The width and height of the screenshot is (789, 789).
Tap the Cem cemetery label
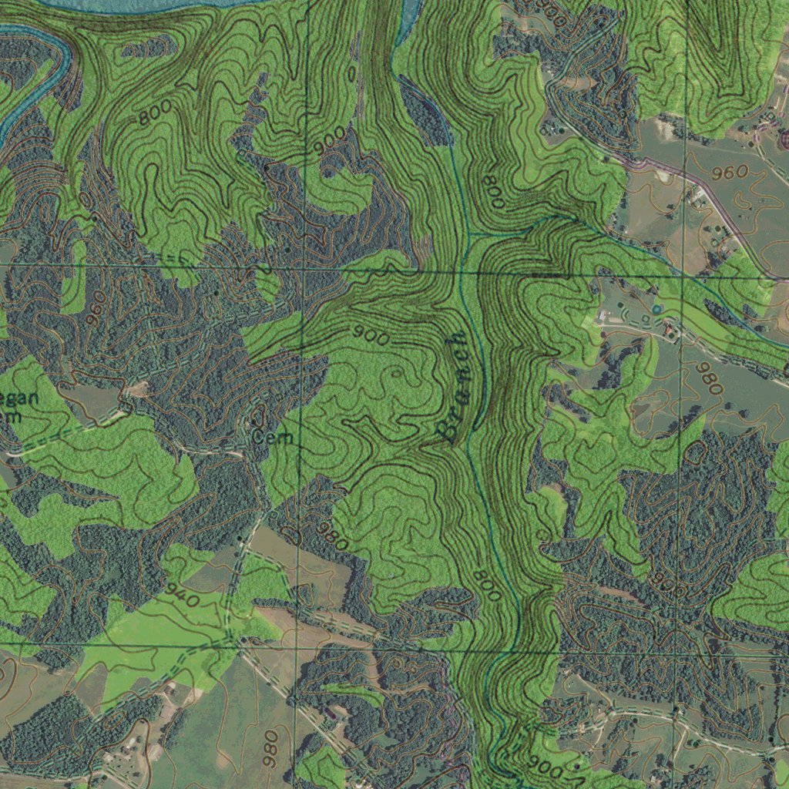[274, 437]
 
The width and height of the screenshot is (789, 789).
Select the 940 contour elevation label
[182, 596]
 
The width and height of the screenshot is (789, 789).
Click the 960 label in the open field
[729, 172]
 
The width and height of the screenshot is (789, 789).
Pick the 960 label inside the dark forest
[95, 307]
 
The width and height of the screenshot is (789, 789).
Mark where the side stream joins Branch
[468, 233]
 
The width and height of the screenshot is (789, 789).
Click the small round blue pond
[656, 309]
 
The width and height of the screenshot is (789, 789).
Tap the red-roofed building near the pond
[667, 328]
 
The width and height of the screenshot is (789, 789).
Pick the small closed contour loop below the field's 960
[744, 203]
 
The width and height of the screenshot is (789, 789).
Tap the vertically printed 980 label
[270, 748]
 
